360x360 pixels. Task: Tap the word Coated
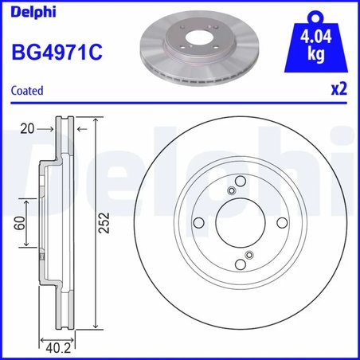[x=27, y=91]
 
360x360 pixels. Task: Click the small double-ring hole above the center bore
[x=232, y=190]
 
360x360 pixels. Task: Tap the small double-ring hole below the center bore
[x=248, y=255]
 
